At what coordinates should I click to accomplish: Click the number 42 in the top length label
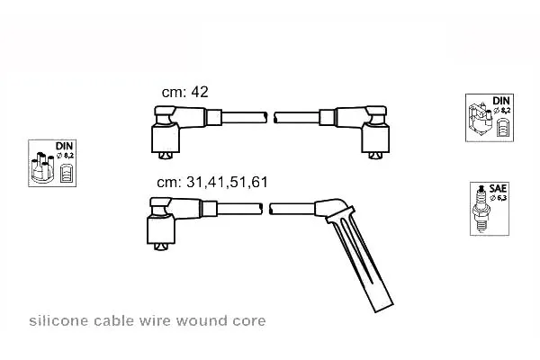click(200, 92)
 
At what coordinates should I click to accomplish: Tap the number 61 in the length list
click(259, 182)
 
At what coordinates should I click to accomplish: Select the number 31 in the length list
click(194, 182)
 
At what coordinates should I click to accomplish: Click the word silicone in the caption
click(58, 320)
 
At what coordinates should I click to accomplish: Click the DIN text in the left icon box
click(64, 146)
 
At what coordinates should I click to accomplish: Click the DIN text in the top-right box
click(501, 101)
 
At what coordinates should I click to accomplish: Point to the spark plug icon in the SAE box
click(481, 209)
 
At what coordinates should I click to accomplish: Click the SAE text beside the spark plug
click(498, 188)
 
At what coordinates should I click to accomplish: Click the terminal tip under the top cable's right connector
click(375, 156)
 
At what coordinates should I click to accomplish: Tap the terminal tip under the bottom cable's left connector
click(161, 247)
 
